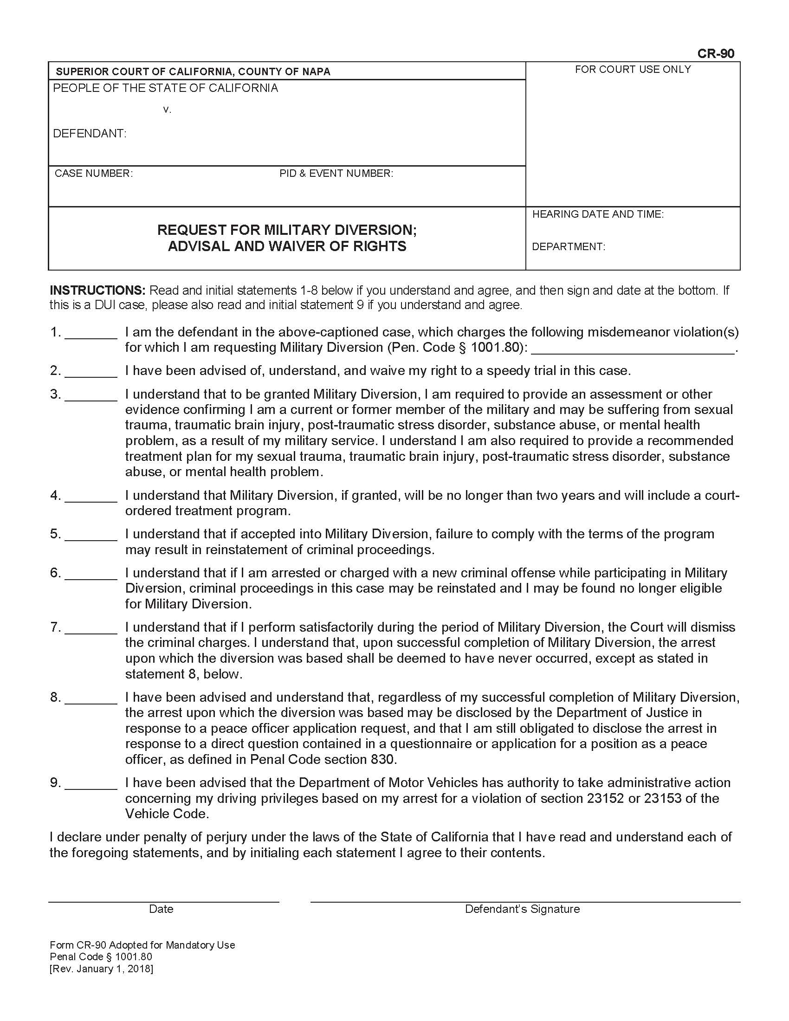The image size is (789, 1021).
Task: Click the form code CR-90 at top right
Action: pyautogui.click(x=715, y=54)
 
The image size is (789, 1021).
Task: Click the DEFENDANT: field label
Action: pyautogui.click(x=89, y=134)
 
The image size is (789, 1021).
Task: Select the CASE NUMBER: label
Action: pyautogui.click(x=93, y=174)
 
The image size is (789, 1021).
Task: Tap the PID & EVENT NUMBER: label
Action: pyautogui.click(x=336, y=174)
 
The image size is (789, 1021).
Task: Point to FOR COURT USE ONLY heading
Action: pyautogui.click(x=633, y=70)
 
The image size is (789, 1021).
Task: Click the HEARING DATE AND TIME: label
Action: pyautogui.click(x=597, y=214)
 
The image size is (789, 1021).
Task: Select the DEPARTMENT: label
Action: pyautogui.click(x=568, y=247)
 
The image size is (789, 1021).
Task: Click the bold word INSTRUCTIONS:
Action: pyautogui.click(x=97, y=291)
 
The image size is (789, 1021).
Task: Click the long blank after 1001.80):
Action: pyautogui.click(x=633, y=352)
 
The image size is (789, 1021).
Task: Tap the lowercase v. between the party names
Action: pyautogui.click(x=168, y=110)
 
